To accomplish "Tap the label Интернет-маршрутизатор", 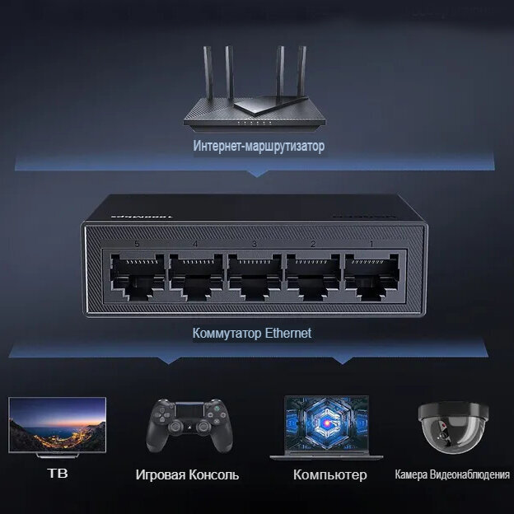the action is coord(259,147).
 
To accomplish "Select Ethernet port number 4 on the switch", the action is coord(195,275).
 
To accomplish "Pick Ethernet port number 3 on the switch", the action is coord(254,275).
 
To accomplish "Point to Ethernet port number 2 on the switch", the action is coord(312,275).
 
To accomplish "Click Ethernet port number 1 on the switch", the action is coord(371,275).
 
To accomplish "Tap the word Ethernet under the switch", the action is coord(287,334).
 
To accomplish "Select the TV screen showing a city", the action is coord(57,425).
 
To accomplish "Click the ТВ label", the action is coord(57,474).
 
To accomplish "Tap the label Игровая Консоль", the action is coord(187,475).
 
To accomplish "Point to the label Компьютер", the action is coord(329,475).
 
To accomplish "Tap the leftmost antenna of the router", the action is coord(206,74).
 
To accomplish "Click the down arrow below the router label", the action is coord(257,173).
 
